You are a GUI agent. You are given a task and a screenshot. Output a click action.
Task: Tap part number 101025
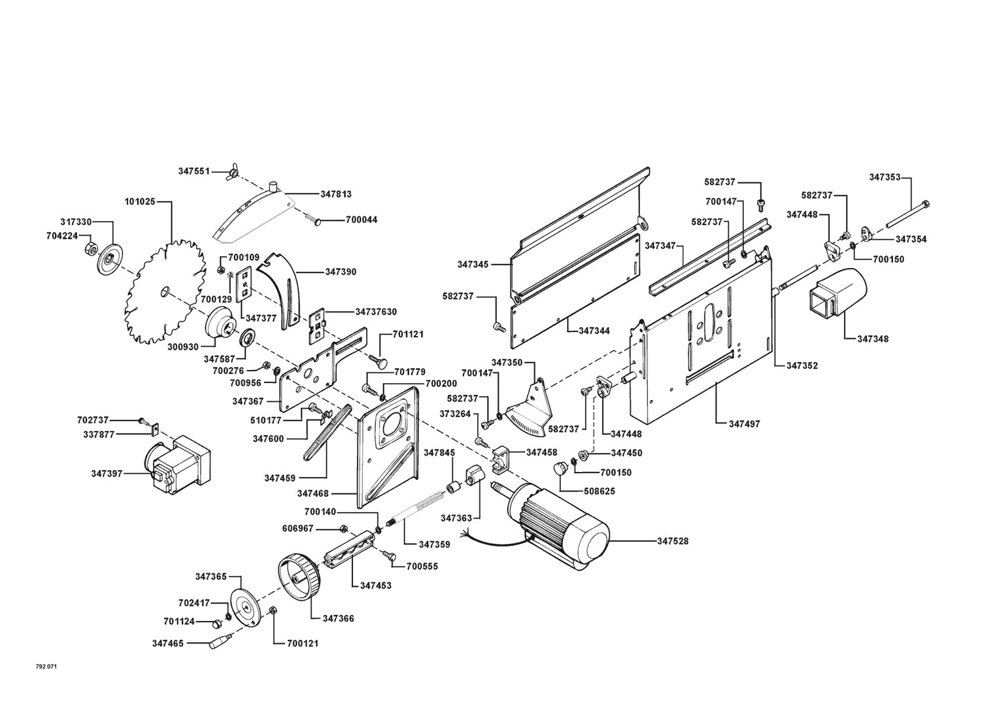point(140,202)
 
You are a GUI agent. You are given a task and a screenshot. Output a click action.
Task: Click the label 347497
point(745,424)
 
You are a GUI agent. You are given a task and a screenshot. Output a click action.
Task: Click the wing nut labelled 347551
point(231,173)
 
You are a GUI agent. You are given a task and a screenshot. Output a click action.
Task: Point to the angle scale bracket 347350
point(531,409)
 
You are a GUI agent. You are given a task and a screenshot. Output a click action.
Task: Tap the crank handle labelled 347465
point(218,642)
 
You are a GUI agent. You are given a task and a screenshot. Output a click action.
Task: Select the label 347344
point(594,331)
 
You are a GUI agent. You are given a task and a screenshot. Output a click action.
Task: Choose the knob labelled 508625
point(560,468)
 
